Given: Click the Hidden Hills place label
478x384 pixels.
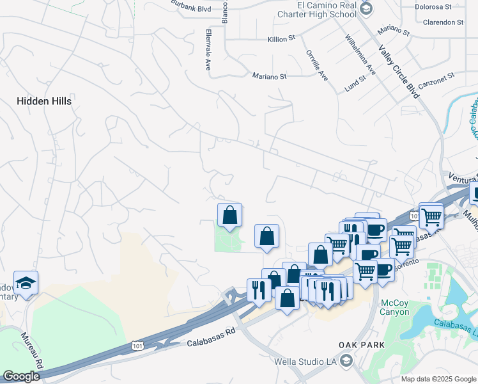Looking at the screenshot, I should click(x=44, y=101).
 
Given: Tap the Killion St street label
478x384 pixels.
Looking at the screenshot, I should click(x=281, y=39).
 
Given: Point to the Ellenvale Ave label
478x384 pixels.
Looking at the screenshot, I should click(x=208, y=49).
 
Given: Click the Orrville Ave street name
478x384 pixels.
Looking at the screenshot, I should click(x=316, y=65).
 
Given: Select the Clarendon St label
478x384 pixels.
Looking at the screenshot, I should click(x=443, y=22).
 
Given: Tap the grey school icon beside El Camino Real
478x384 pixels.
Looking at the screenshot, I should click(x=366, y=8).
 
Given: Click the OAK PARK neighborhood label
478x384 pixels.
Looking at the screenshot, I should click(x=361, y=345).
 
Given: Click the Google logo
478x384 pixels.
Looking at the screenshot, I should click(x=21, y=376).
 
